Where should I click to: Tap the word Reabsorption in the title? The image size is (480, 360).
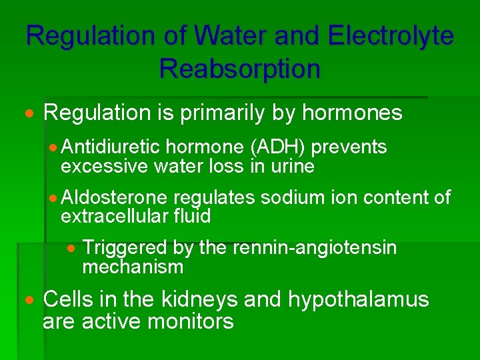tap(240, 67)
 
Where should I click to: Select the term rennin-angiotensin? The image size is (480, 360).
tap(314, 248)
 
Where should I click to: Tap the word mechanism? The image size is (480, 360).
tap(133, 267)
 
